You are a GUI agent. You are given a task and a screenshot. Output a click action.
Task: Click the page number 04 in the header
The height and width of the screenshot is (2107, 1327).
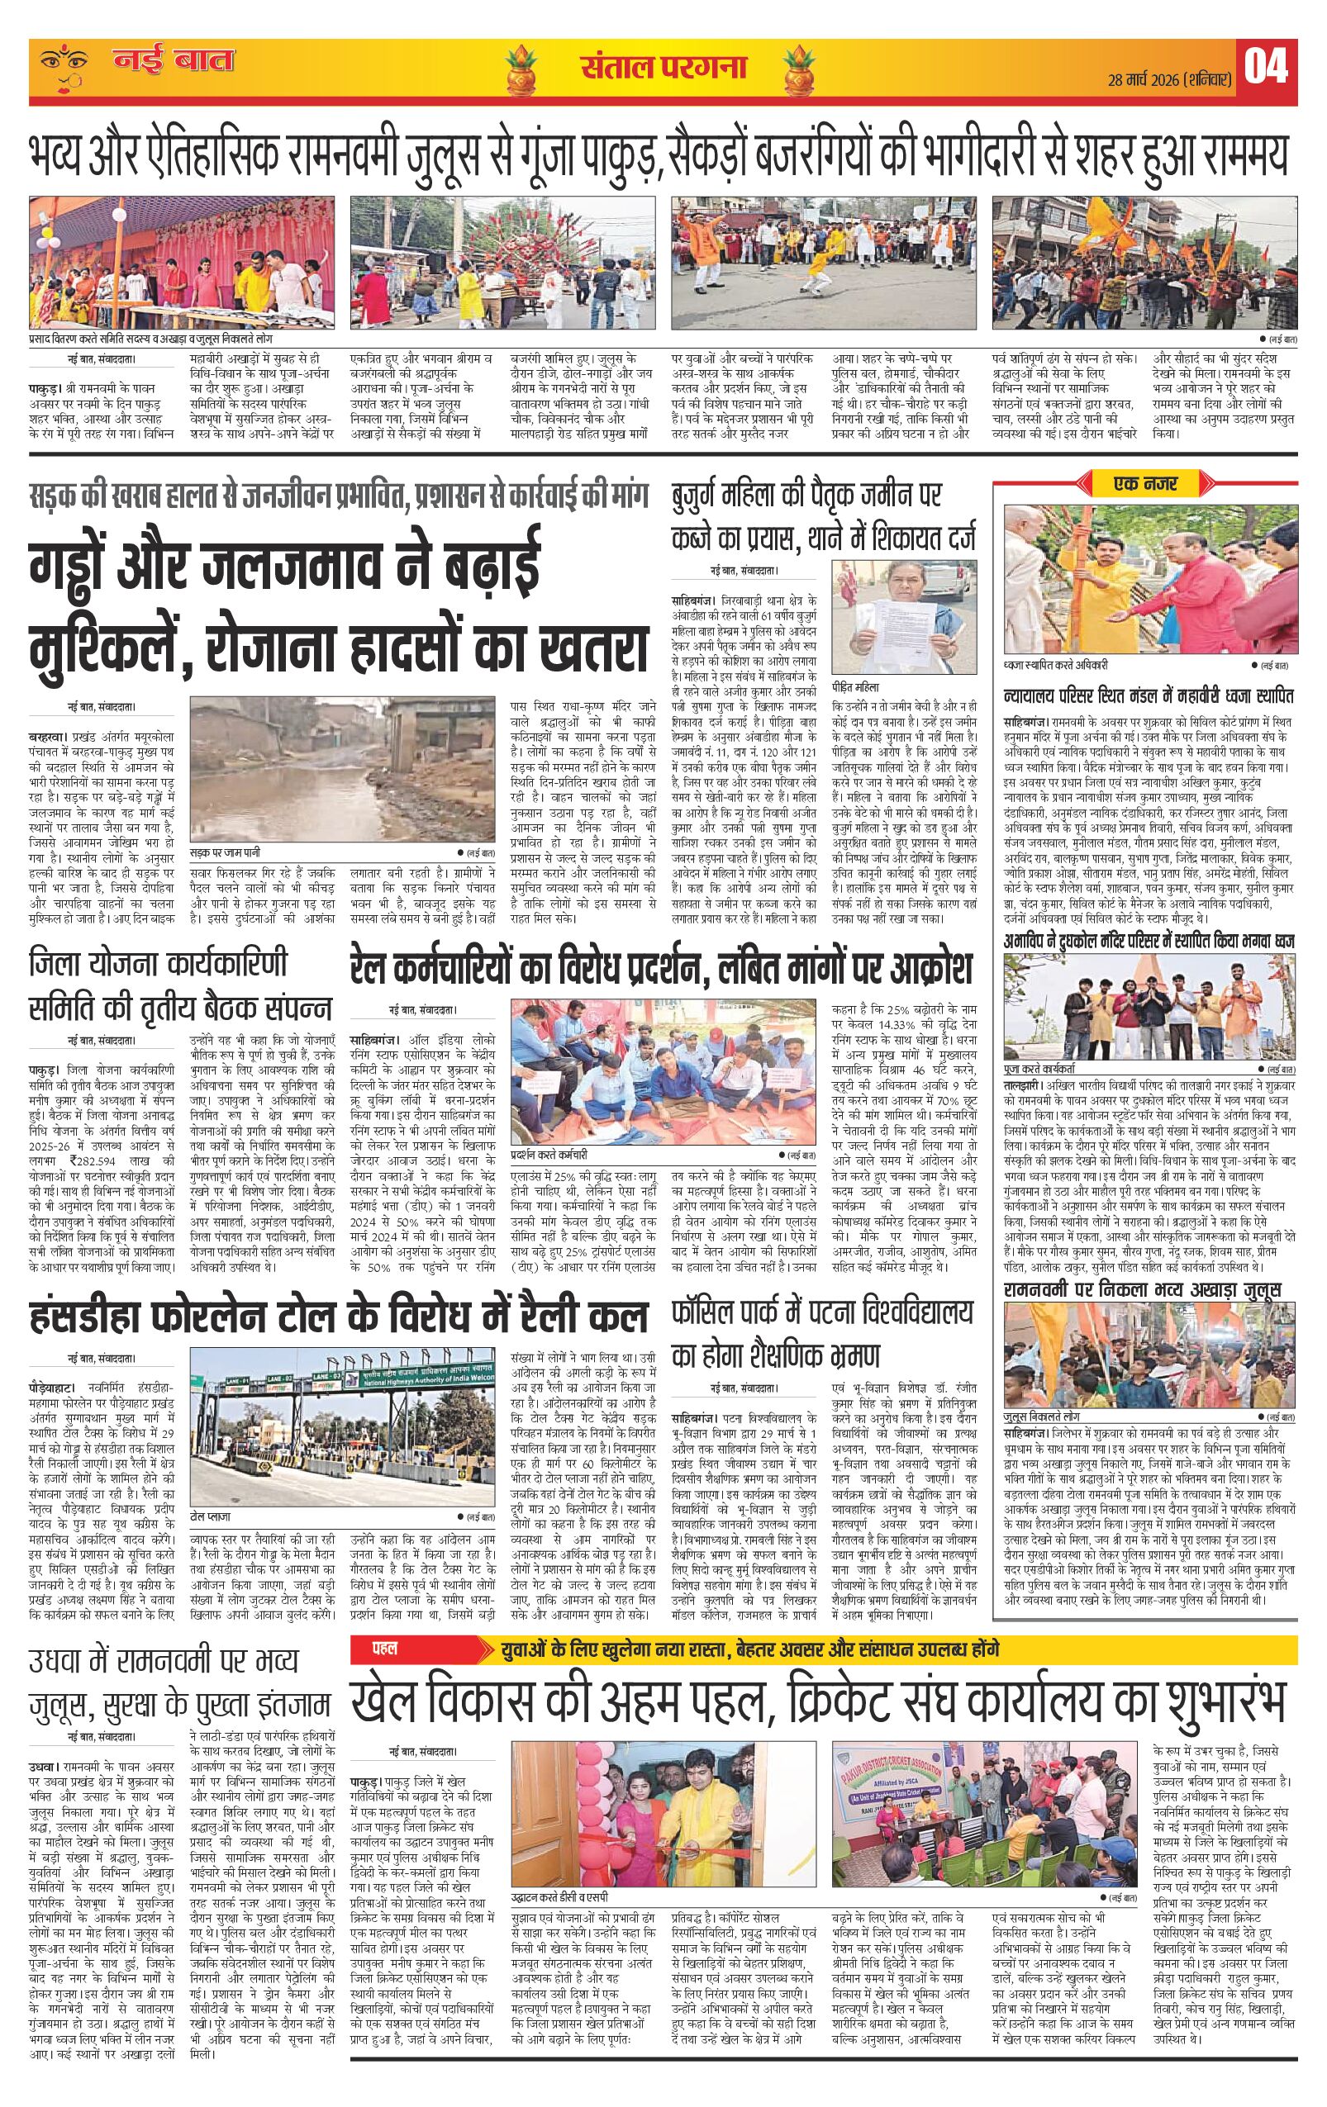1266,69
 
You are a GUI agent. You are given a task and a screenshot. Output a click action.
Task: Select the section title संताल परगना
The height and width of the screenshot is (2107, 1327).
663,68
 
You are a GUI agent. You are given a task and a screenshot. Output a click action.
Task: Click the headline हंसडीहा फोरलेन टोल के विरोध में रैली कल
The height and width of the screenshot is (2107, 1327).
338,1317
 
